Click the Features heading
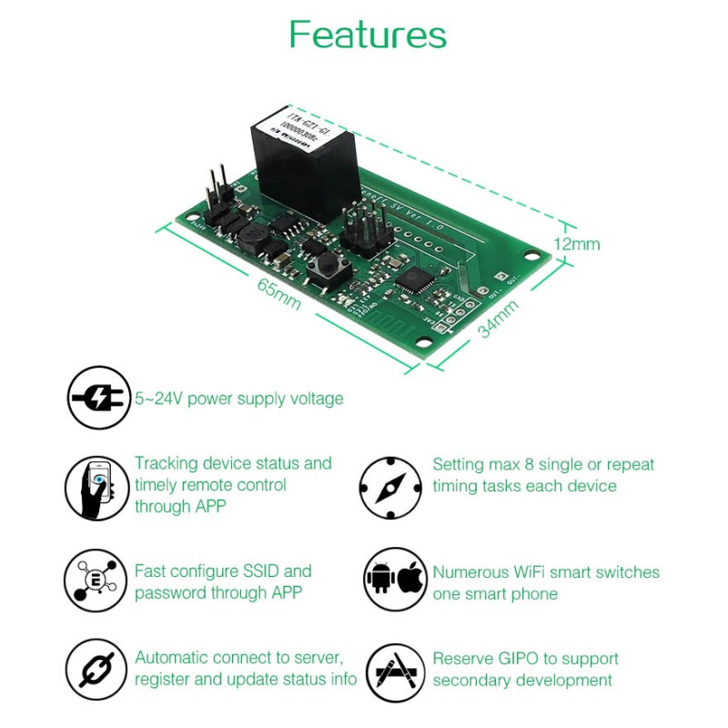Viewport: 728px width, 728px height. (x=368, y=35)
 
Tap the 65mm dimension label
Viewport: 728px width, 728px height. (x=279, y=294)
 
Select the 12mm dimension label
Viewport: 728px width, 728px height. (x=577, y=244)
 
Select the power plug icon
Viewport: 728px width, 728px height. (x=97, y=398)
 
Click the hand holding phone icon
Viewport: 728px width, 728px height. (x=97, y=489)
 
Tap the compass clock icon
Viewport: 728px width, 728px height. (x=390, y=489)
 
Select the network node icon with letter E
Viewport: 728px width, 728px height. (x=96, y=581)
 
